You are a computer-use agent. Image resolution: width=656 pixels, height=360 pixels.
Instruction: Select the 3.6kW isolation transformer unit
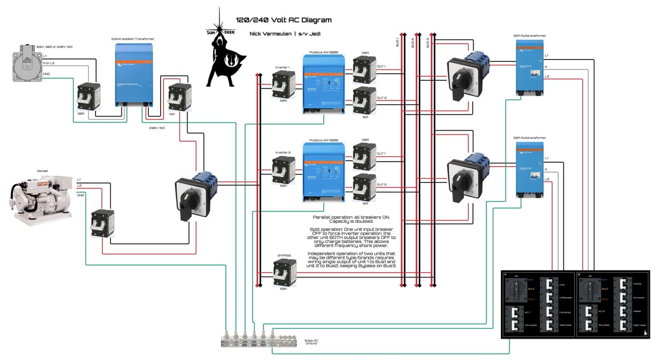pos(134,75)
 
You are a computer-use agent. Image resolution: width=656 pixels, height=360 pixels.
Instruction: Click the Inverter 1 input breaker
pos(283,84)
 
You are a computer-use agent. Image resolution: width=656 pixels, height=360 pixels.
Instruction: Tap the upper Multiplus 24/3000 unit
pos(324,83)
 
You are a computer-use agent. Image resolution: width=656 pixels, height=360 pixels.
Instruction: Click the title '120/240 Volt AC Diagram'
pos(283,20)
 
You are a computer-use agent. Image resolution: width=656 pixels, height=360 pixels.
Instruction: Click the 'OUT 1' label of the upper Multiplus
pos(382,67)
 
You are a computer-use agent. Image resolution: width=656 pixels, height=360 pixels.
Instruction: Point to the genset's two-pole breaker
pos(102,223)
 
